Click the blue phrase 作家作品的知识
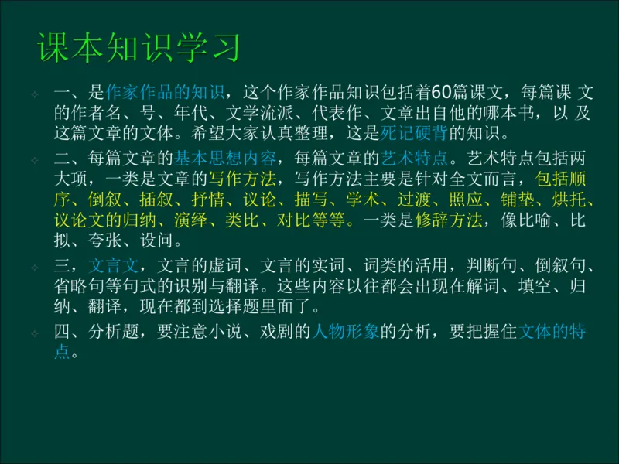click(165, 94)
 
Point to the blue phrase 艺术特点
click(414, 159)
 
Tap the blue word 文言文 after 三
click(114, 267)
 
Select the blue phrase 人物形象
click(344, 333)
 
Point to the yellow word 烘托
click(575, 200)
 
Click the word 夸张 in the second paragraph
click(104, 240)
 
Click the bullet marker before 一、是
click(35, 94)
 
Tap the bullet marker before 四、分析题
click(35, 334)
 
